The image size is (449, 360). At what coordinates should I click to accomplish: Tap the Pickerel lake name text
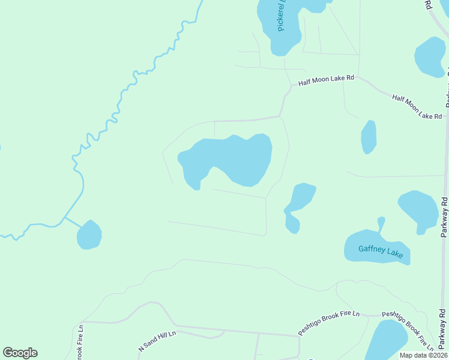click(x=280, y=15)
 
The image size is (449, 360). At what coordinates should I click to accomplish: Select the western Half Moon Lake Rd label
click(x=327, y=79)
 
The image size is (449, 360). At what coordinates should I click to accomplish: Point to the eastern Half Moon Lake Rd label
click(x=417, y=106)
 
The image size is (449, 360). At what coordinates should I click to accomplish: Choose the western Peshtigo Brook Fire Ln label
click(x=329, y=323)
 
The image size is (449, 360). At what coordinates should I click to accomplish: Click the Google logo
click(x=20, y=353)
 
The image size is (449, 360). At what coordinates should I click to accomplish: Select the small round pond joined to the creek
click(x=89, y=235)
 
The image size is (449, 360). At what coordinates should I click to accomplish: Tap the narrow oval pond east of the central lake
click(x=369, y=137)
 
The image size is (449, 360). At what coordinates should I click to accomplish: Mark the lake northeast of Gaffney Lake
click(x=418, y=210)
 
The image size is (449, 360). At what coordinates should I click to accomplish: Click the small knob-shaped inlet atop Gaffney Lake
click(x=381, y=224)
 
